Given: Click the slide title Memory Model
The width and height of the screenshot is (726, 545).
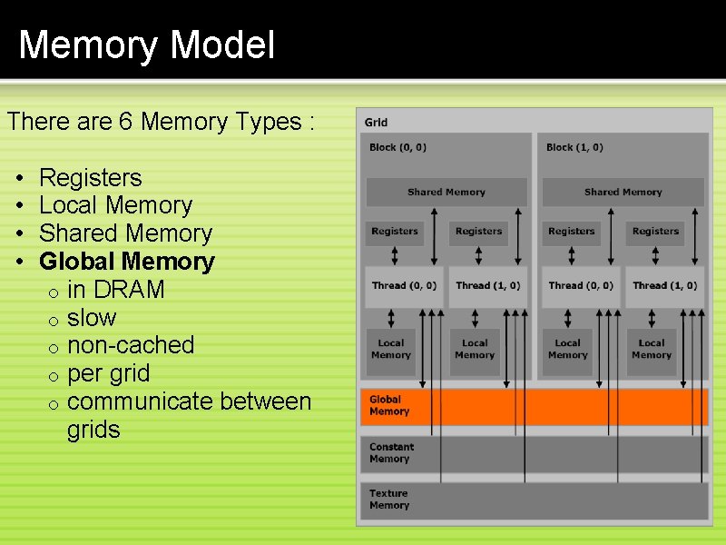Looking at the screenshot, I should (x=146, y=45).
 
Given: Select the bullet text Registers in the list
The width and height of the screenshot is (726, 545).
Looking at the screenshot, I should (x=91, y=178).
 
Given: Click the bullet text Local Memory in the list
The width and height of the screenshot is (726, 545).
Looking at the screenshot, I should (x=115, y=206).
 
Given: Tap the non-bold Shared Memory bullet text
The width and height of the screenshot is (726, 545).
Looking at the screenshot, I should (x=125, y=234).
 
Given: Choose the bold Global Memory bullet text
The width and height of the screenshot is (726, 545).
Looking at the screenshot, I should (x=127, y=263).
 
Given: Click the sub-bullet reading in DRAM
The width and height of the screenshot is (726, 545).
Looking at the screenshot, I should (x=115, y=291).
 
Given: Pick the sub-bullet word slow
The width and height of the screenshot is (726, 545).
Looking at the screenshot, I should (x=92, y=319).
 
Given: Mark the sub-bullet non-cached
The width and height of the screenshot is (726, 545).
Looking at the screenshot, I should (x=131, y=346).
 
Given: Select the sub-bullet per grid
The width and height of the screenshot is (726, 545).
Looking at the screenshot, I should (x=108, y=374).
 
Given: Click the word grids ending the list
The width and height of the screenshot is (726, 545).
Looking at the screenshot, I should (x=93, y=431).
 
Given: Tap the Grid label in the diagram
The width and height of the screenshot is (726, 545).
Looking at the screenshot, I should (x=376, y=123).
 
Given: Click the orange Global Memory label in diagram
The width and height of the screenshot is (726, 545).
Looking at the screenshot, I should (x=389, y=406).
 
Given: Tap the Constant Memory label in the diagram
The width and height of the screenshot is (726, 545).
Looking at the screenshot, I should (x=391, y=453).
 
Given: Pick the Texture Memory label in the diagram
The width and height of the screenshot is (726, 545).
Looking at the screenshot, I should (x=389, y=500).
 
